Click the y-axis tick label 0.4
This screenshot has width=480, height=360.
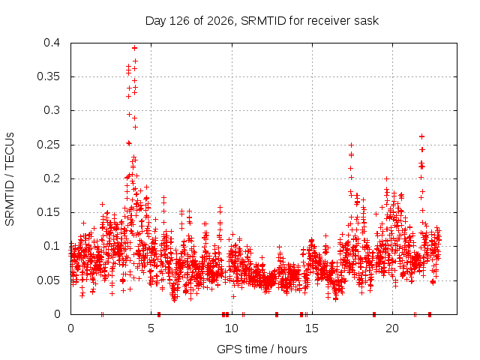(52, 43)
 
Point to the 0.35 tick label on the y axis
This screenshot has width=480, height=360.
(48, 76)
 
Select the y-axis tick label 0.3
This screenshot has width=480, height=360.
(52, 110)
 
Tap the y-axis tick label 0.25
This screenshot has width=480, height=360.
(48, 145)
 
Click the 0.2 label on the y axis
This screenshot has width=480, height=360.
(52, 178)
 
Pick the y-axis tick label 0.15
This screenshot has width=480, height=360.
(48, 212)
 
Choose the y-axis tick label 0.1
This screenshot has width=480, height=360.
(52, 246)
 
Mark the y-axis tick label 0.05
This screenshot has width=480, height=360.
(48, 280)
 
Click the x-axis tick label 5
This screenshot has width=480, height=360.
(151, 328)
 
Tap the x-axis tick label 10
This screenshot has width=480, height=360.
(232, 328)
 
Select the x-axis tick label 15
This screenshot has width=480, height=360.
(312, 328)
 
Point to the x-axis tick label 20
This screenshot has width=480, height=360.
(392, 328)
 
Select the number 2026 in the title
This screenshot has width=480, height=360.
(220, 21)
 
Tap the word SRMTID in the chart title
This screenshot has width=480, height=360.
(263, 21)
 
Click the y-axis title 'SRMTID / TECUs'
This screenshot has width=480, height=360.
(10, 179)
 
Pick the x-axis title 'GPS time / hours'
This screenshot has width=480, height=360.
(262, 349)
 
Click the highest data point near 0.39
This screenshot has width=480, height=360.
(134, 48)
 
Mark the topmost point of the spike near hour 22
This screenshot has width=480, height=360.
(421, 136)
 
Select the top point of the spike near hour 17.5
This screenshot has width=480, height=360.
(351, 145)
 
